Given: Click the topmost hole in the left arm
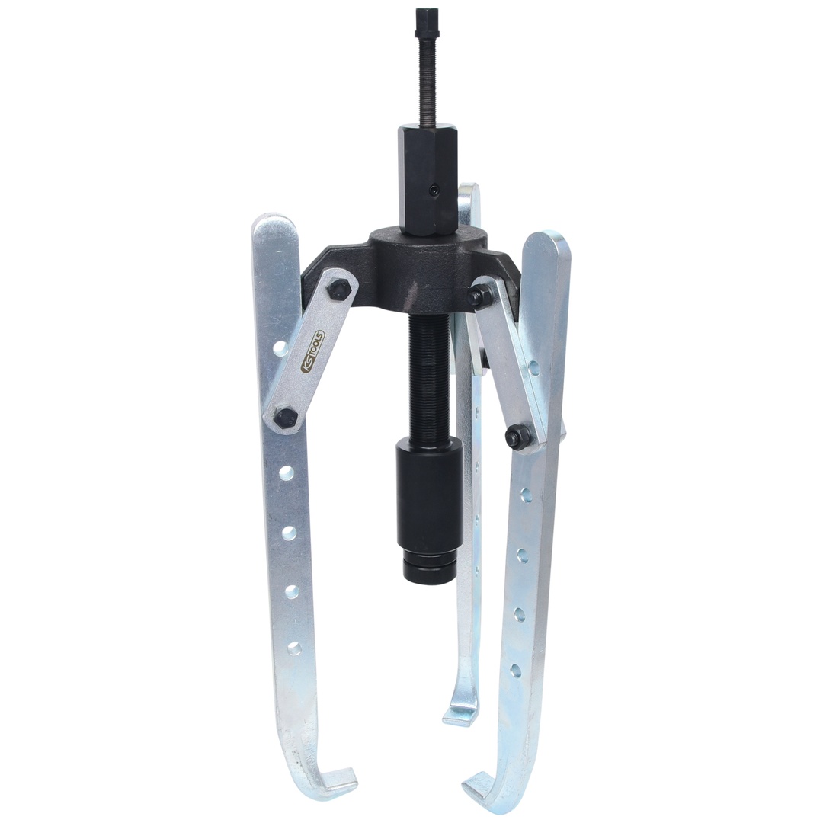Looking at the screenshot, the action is [x=281, y=347].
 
